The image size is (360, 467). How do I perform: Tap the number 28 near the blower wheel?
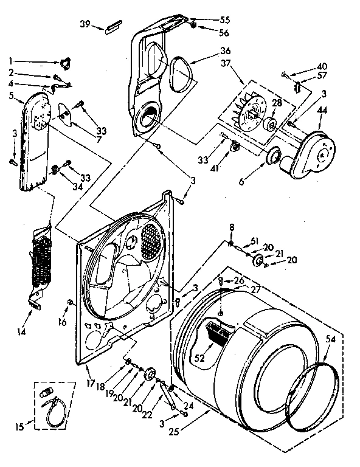tap(276, 103)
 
